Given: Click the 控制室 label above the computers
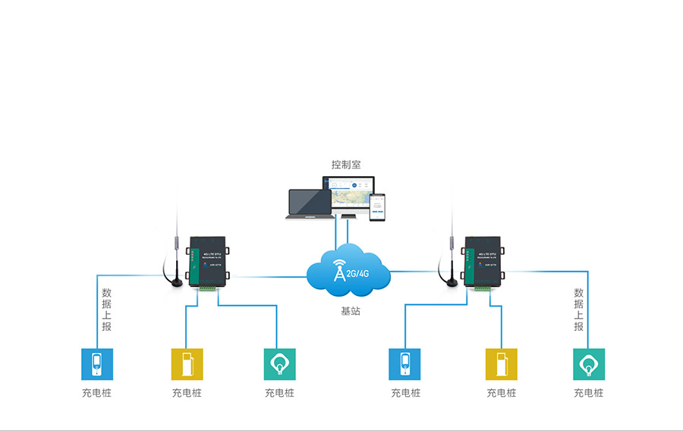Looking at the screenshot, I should click(345, 164).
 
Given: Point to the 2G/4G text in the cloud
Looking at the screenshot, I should click(357, 272).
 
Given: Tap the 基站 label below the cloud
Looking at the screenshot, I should click(350, 312).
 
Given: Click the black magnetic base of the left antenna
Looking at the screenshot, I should click(177, 282).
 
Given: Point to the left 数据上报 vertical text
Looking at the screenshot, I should click(107, 310).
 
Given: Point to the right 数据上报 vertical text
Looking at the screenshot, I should click(579, 310).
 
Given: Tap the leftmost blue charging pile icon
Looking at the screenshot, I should click(97, 364).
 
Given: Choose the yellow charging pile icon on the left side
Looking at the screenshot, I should click(187, 364).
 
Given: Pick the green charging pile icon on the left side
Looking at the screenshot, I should click(279, 364).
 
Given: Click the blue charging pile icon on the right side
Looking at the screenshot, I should click(404, 364).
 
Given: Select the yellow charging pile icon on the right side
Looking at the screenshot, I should click(501, 364).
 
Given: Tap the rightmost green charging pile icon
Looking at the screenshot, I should click(588, 364).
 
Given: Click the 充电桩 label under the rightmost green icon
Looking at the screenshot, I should click(588, 393).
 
